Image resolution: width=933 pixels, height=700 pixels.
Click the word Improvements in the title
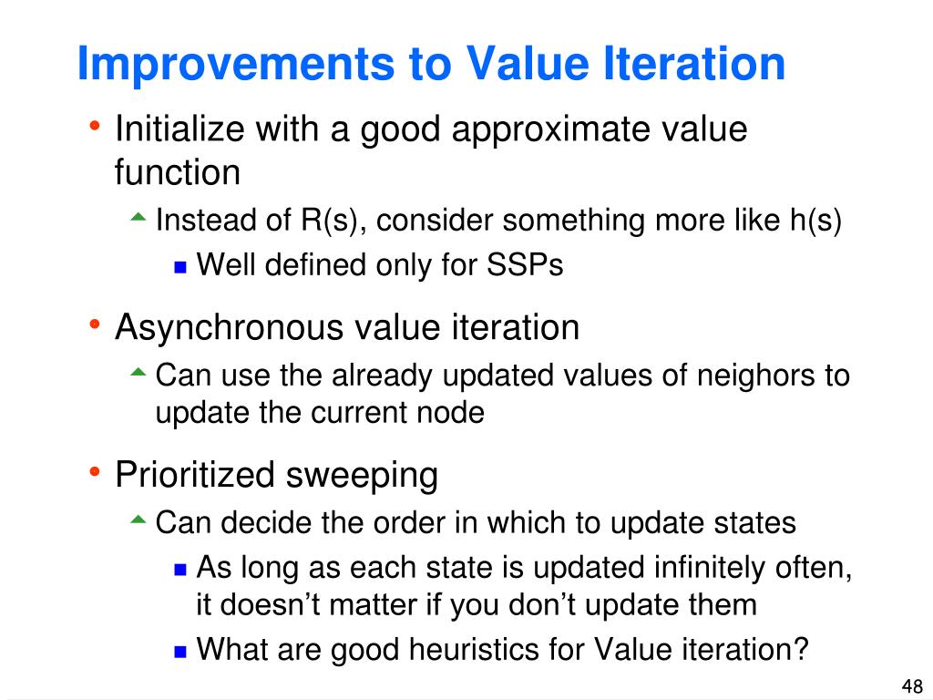tap(236, 65)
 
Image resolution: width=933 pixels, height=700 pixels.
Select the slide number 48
tap(912, 685)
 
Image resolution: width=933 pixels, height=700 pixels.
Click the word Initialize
tap(179, 129)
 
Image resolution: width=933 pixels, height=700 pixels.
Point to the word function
tap(178, 172)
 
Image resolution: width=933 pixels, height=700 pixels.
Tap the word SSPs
tap(525, 264)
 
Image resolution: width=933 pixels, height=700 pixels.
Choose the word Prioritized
tap(195, 475)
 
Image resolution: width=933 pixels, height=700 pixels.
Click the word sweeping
tap(362, 476)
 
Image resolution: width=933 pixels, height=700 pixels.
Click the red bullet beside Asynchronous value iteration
tap(94, 325)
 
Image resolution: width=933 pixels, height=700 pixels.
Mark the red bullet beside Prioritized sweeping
tap(94, 472)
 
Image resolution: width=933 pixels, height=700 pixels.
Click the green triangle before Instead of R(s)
tap(138, 217)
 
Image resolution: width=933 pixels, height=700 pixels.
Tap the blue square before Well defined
tap(180, 266)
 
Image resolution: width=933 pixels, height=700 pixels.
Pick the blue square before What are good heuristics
tap(180, 651)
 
